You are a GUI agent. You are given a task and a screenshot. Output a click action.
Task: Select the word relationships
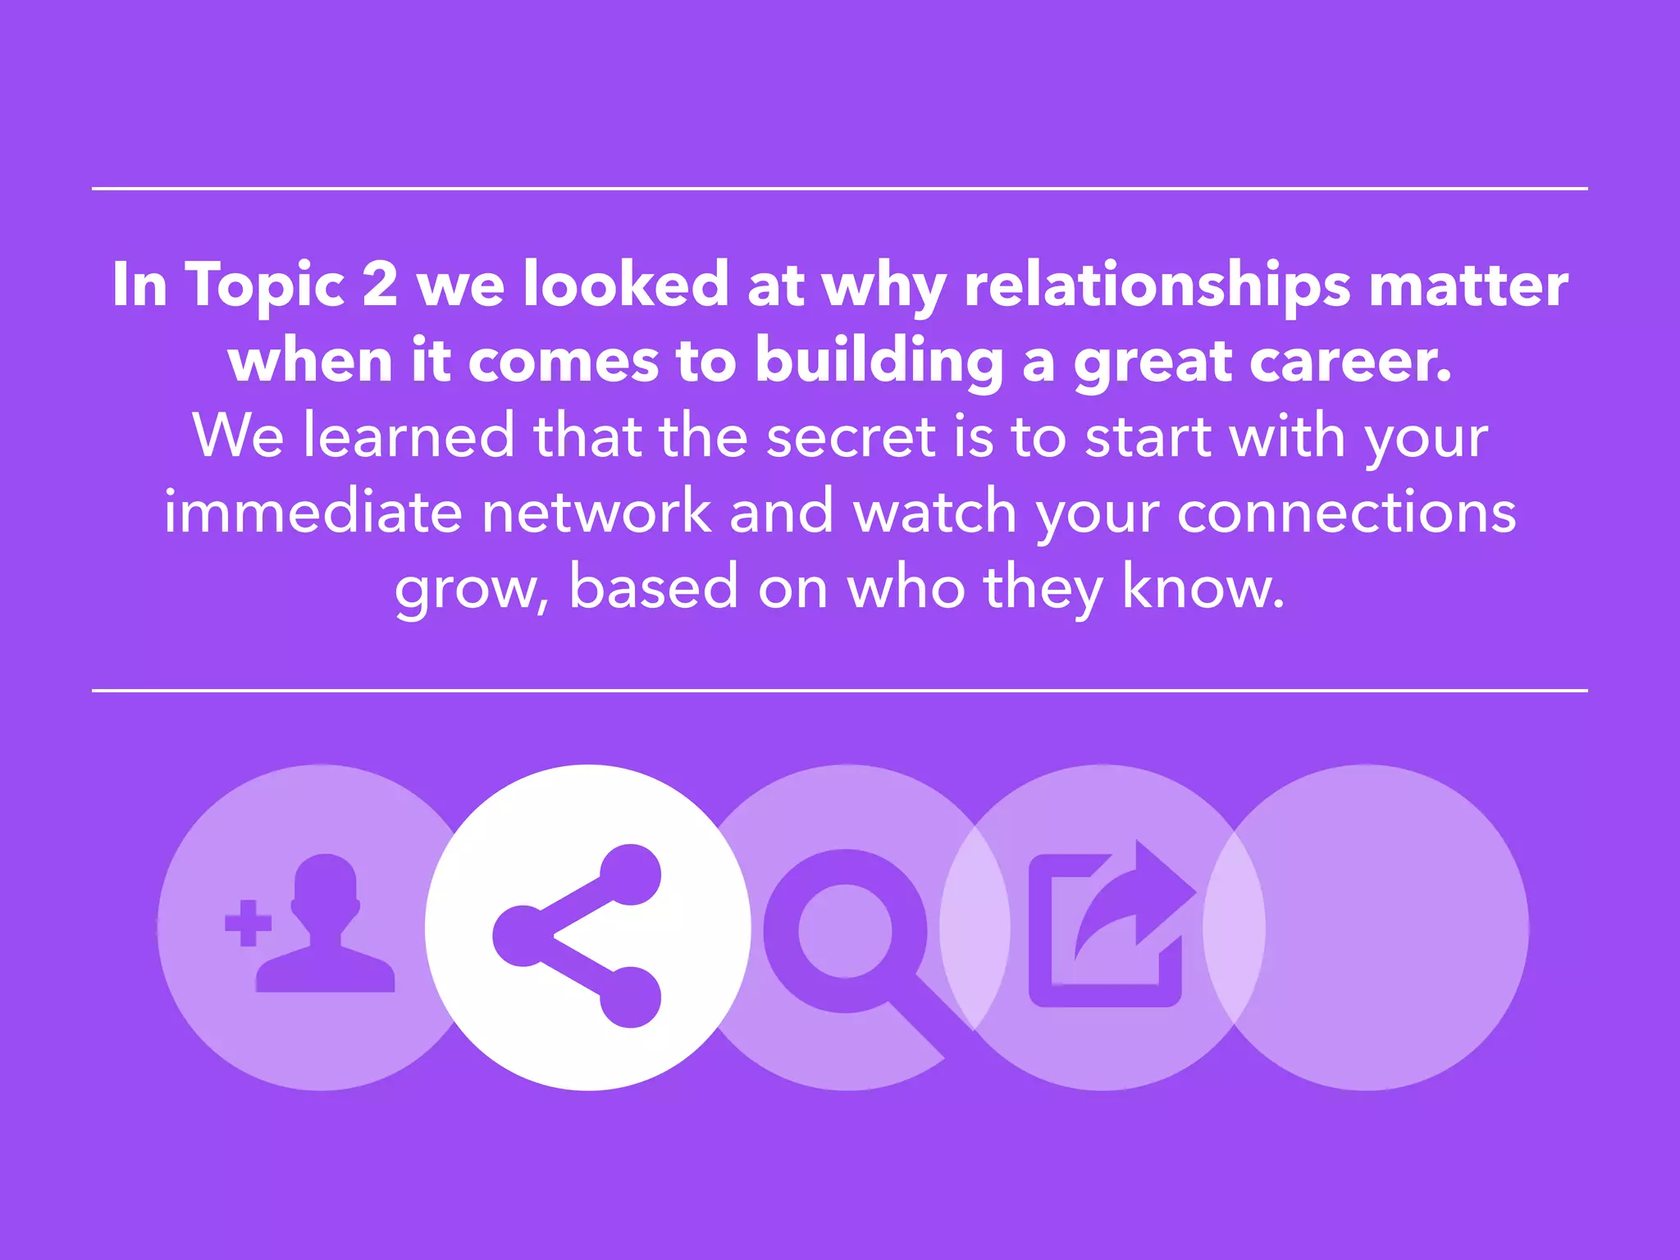tap(1157, 285)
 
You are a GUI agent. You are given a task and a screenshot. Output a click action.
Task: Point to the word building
tap(879, 361)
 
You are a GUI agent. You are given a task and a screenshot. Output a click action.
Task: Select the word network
tap(596, 512)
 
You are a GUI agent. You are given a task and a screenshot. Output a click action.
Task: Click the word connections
tap(1346, 512)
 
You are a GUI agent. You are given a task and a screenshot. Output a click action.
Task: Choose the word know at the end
tap(1202, 587)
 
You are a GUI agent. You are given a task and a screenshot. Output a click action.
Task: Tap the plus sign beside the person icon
tap(248, 923)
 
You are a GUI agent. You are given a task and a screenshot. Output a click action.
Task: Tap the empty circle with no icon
tap(1386, 927)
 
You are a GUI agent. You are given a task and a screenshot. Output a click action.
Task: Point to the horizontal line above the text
tap(840, 189)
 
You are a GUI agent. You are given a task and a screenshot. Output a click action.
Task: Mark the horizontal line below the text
tap(840, 691)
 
